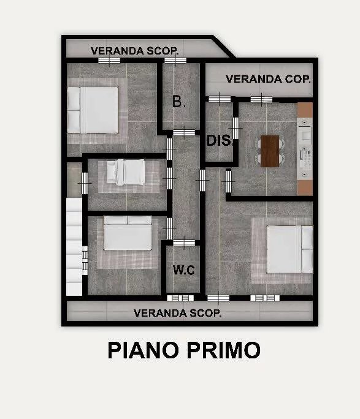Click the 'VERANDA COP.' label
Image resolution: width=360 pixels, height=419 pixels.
pos(268,79)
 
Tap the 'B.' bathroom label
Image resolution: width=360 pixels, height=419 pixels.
pos(179,102)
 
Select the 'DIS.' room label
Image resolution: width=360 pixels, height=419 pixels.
pos(219,140)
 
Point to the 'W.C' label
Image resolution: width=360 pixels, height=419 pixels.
pos(183,270)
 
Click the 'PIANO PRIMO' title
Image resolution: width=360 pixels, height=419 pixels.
pos(184,350)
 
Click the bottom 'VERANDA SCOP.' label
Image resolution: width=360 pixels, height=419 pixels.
pos(178,313)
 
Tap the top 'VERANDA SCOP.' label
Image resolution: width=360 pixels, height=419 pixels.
pos(134,51)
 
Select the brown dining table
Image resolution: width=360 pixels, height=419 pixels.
pos(270,151)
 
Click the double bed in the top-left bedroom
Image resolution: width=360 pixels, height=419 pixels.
pos(93,110)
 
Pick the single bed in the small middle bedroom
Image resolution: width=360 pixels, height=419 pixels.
pos(126,172)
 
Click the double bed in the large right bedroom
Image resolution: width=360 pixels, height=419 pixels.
pos(290,249)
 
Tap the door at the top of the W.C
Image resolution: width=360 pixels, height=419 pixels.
pos(184,243)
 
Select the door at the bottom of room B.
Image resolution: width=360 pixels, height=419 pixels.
pos(184,132)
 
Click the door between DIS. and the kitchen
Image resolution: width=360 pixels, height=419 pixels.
pos(236,128)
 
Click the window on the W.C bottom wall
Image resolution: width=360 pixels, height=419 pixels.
pos(180,298)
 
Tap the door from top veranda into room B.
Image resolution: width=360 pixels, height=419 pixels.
pos(175,61)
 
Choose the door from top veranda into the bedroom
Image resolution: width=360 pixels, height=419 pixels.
pos(109,61)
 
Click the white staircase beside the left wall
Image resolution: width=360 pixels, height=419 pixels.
pos(74,246)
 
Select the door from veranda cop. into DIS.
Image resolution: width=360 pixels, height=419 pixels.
pos(220,99)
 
